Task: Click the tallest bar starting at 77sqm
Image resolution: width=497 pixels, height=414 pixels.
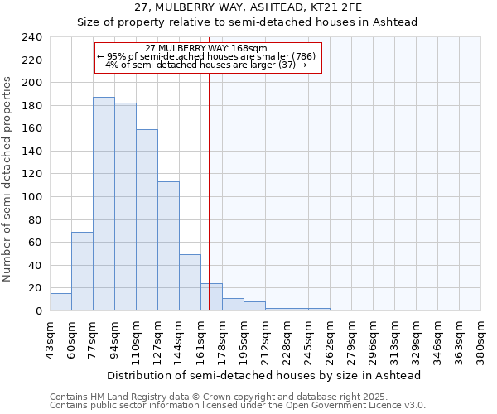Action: (104, 204)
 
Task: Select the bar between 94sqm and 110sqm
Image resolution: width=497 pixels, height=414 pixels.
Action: (125, 207)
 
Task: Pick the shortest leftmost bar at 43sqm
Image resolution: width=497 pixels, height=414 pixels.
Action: (60, 302)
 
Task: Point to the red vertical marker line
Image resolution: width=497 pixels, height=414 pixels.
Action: (209, 190)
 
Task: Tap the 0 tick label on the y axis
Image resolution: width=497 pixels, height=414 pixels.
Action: (37, 311)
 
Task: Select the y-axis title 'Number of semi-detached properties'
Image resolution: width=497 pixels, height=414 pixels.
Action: (8, 179)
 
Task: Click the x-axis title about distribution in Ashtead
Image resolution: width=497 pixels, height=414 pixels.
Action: (264, 376)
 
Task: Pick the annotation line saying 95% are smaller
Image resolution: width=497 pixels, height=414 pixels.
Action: (207, 56)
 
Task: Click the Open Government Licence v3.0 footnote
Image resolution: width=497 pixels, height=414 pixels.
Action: (237, 406)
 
